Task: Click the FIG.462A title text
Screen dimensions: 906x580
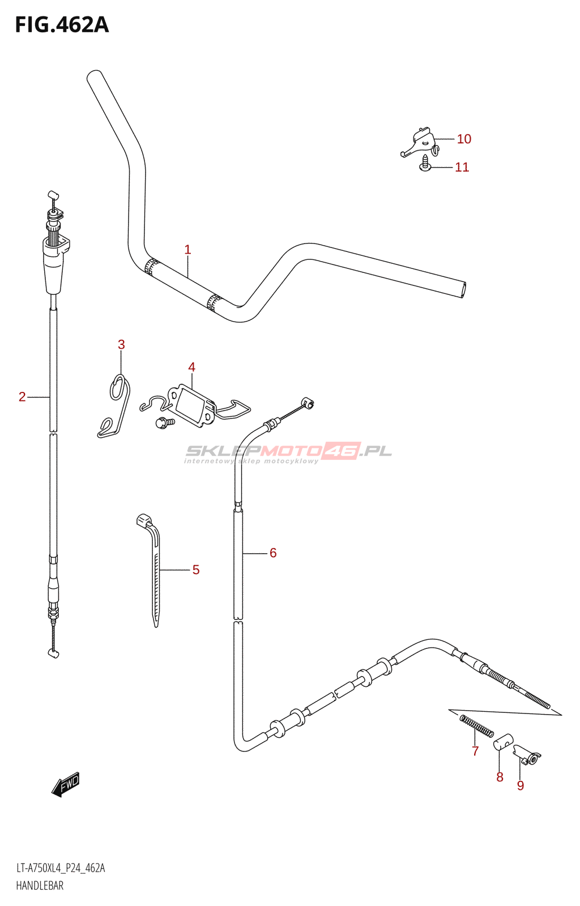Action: click(62, 25)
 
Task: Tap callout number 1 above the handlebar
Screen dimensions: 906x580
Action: click(187, 250)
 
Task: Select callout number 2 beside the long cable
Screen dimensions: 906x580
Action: click(22, 397)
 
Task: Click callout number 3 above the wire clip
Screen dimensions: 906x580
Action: click(121, 344)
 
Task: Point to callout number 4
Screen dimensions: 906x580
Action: click(192, 367)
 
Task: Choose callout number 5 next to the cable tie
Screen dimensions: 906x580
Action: click(196, 570)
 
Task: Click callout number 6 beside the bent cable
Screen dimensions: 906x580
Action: click(273, 553)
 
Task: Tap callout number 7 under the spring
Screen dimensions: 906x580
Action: click(475, 751)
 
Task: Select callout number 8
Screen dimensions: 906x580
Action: click(500, 777)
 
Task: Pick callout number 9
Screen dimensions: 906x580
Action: click(521, 785)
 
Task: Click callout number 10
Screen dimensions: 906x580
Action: click(464, 139)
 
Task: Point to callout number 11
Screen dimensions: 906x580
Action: click(462, 167)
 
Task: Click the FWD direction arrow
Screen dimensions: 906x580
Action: click(66, 784)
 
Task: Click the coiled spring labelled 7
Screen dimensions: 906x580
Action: click(476, 726)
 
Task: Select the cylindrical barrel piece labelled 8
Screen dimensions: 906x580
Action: click(503, 742)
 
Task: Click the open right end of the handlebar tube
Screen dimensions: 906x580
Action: click(464, 289)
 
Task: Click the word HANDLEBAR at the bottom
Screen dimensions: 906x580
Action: click(40, 886)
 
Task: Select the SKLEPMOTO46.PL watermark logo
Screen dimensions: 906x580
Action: click(288, 452)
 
